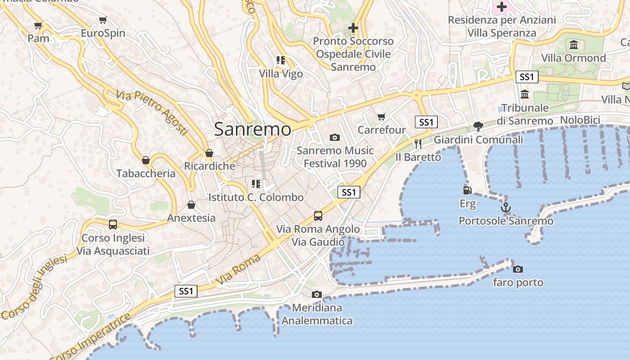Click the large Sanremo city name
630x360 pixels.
252,129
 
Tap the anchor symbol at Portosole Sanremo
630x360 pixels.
506,207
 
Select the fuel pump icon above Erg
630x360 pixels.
468,190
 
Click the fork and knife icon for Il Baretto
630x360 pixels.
418,144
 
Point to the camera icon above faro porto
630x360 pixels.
518,269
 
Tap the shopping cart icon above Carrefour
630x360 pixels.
382,117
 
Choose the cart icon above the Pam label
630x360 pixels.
38,25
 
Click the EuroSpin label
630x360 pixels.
103,33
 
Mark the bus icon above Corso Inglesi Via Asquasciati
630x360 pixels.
113,224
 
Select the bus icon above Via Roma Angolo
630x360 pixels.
318,216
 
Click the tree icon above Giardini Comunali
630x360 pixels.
478,126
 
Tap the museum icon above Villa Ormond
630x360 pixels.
574,45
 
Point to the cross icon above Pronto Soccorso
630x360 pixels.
353,28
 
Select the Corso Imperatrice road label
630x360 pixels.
90,337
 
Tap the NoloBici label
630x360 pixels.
580,120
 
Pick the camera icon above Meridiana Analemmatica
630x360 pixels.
317,294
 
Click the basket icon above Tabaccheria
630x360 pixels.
146,160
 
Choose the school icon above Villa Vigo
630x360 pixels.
281,60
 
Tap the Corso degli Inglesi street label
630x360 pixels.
34,287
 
